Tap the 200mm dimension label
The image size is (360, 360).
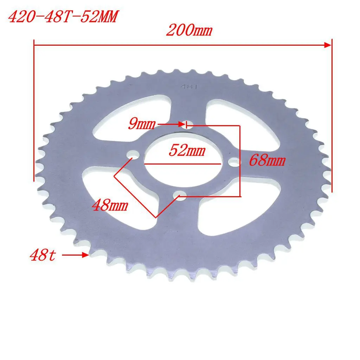pyautogui.click(x=189, y=31)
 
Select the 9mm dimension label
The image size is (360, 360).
pyautogui.click(x=141, y=124)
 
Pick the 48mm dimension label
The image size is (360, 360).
pyautogui.click(x=110, y=205)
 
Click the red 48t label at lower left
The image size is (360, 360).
pyautogui.click(x=43, y=255)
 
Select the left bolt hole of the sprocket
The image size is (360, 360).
pyautogui.click(x=133, y=154)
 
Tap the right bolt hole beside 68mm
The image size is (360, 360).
pyautogui.click(x=234, y=162)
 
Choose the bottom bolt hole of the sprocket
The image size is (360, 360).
pyautogui.click(x=181, y=195)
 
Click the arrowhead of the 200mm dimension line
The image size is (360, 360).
pyautogui.click(x=328, y=45)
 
